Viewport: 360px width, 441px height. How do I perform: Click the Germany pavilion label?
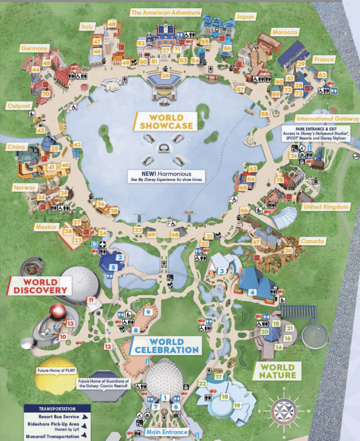[x=34, y=49]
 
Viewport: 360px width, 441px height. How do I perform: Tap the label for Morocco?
[x=285, y=32]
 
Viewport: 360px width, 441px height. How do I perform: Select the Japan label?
[x=245, y=16]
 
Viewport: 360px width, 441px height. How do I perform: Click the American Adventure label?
[x=166, y=13]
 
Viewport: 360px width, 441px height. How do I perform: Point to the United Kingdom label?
[x=325, y=207]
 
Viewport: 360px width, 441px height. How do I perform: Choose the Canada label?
[x=312, y=241]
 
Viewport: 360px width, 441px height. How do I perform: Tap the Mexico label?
[x=46, y=227]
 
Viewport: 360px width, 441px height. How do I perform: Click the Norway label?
[x=25, y=188]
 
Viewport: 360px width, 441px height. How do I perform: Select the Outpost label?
[x=20, y=106]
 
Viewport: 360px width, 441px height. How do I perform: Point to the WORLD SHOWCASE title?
[x=166, y=121]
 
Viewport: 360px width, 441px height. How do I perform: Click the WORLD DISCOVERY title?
[x=40, y=286]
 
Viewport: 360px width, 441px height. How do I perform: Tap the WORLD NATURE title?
[x=277, y=371]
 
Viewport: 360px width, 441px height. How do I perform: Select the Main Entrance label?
[x=167, y=432]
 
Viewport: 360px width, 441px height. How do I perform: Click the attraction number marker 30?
[x=288, y=250]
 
